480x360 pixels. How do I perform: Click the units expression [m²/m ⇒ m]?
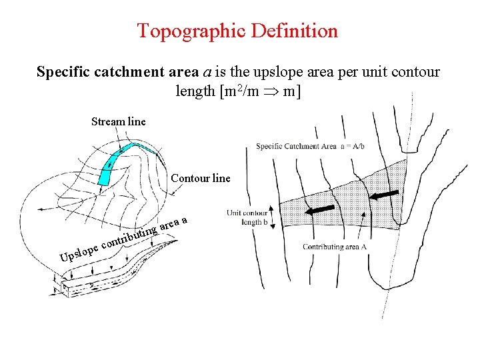238,91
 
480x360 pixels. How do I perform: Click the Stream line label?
118,121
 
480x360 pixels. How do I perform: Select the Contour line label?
201,178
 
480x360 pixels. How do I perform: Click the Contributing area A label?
335,247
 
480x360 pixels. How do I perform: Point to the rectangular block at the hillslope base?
67,287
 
